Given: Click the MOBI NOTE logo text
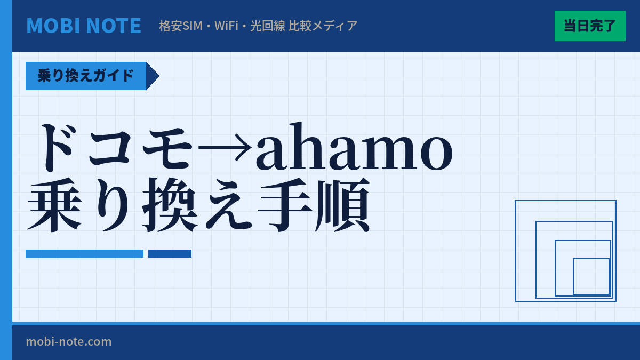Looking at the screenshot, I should (84, 26).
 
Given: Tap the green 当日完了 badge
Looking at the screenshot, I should (590, 26).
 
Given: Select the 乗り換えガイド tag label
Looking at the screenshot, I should (86, 76).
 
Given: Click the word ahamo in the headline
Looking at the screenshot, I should (354, 148).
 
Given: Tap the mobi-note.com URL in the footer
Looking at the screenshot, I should (69, 341).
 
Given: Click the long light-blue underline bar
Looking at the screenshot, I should (84, 253).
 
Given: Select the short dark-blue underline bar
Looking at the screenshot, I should (170, 253).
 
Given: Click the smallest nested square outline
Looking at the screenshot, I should (591, 276).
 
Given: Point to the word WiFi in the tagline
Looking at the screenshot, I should (226, 26).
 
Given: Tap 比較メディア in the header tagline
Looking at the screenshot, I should (323, 26).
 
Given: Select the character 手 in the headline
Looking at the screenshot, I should (284, 205).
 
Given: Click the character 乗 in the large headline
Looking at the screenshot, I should (54, 205).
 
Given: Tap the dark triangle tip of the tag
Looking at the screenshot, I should (154, 76).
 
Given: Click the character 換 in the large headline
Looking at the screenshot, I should (169, 205).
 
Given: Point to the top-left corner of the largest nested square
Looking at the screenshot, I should (515, 201).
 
